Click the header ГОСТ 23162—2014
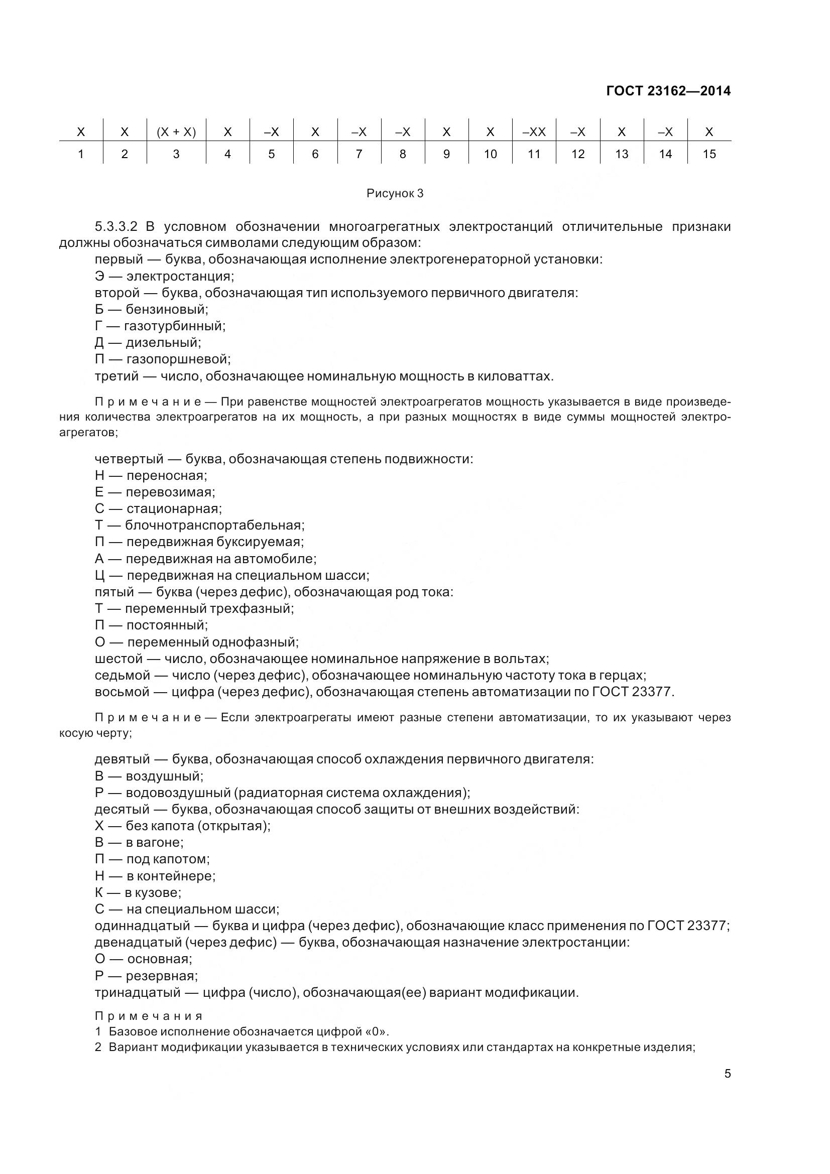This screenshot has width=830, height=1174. (x=668, y=91)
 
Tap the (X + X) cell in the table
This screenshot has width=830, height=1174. (x=176, y=132)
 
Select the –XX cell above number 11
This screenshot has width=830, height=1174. (x=534, y=132)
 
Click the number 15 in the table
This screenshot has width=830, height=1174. (x=709, y=154)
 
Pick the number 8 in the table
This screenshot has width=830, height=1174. (x=403, y=154)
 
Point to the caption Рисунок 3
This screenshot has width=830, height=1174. (x=395, y=193)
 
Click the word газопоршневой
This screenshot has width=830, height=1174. (x=178, y=359)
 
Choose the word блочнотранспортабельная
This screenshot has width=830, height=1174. (x=214, y=525)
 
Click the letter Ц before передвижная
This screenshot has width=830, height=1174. (x=100, y=575)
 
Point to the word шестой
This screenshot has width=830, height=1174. (x=118, y=659)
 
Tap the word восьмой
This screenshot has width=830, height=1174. (x=121, y=692)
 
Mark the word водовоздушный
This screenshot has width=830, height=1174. (x=178, y=793)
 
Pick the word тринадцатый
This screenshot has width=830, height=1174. (x=138, y=993)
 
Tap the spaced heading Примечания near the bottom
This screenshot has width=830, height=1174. (x=149, y=1016)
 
